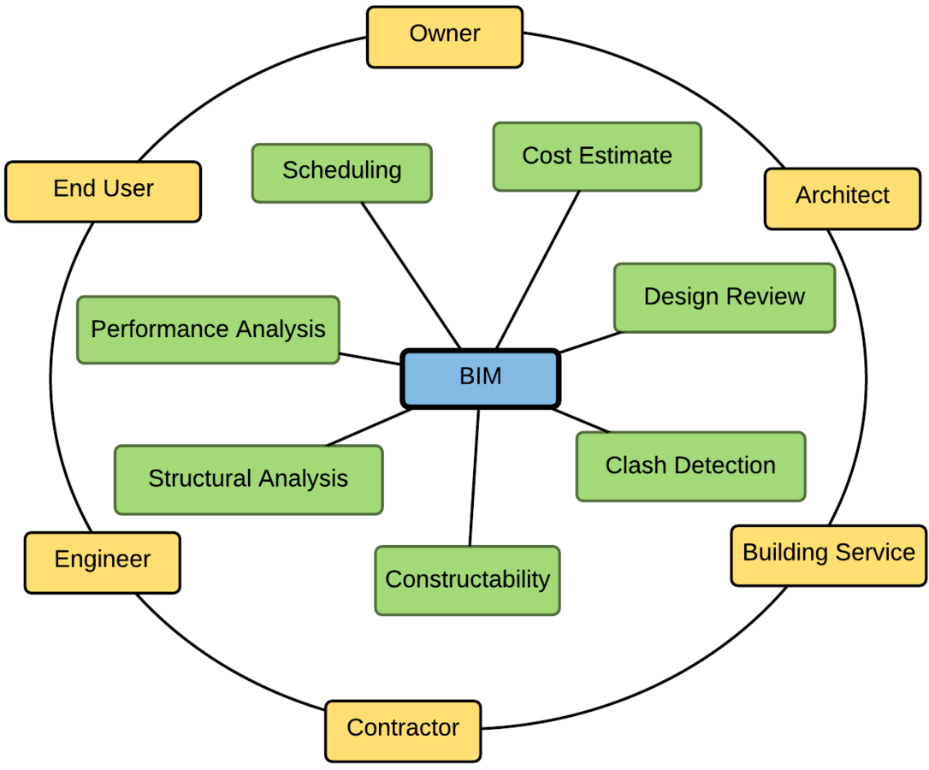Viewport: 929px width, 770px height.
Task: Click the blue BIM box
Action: pyautogui.click(x=480, y=377)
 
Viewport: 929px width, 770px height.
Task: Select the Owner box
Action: pyautogui.click(x=444, y=36)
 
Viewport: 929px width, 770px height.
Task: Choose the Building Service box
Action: pyautogui.click(x=828, y=554)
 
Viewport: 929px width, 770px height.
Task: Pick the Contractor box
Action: pyautogui.click(x=402, y=730)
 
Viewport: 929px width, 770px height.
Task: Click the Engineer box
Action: pyautogui.click(x=102, y=561)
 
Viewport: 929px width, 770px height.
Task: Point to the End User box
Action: pyautogui.click(x=103, y=190)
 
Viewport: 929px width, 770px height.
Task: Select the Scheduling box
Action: pyautogui.click(x=341, y=172)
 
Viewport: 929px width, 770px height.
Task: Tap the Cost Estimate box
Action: pyautogui.click(x=596, y=157)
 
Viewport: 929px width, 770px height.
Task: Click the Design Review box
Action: pyautogui.click(x=724, y=298)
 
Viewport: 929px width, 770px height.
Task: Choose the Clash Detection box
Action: pyautogui.click(x=689, y=466)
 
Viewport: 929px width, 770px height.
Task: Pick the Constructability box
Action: pyautogui.click(x=467, y=580)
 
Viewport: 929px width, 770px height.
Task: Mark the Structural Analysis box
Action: pyautogui.click(x=248, y=479)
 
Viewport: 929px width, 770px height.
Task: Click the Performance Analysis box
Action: pyautogui.click(x=208, y=330)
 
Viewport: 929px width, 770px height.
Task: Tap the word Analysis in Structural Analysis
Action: pyautogui.click(x=304, y=479)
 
